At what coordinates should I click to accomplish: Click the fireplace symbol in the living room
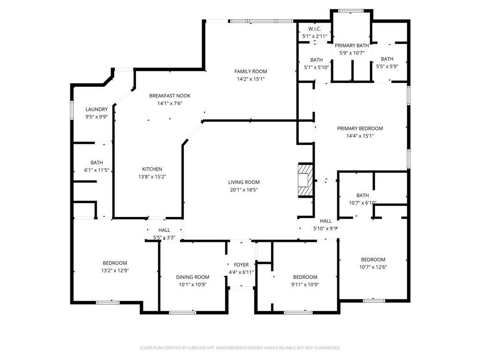305,180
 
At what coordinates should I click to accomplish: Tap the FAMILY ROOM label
251,72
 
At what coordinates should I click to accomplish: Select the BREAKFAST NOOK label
170,96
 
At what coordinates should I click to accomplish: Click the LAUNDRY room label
97,109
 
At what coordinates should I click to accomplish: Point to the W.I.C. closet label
315,29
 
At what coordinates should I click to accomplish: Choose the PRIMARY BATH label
352,45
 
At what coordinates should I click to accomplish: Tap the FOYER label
241,265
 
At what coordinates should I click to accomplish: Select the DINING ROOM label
193,277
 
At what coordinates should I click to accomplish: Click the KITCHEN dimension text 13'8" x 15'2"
152,177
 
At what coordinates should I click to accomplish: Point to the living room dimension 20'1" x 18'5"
244,190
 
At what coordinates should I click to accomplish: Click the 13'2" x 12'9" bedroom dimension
115,270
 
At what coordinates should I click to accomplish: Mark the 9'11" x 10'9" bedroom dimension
305,285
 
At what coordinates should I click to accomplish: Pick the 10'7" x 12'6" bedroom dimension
373,267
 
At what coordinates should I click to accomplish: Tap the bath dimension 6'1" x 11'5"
97,170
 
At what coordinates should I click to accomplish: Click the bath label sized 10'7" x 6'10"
363,195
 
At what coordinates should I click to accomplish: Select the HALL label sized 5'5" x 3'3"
164,230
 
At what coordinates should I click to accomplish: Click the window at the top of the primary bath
352,11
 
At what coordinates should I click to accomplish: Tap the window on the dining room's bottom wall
182,312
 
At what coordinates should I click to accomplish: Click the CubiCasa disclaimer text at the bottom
240,348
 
